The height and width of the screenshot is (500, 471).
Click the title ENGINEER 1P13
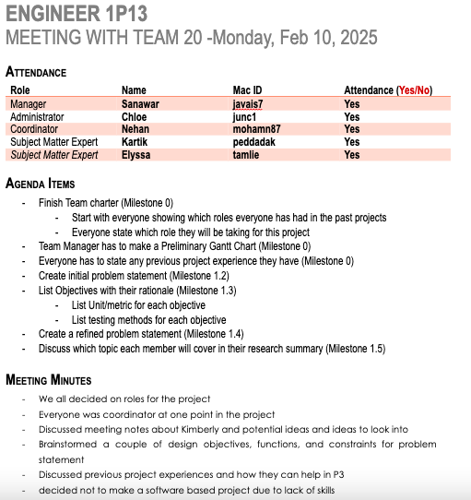75,15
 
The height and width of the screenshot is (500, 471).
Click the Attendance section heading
36,72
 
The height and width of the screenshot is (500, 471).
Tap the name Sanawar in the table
140,104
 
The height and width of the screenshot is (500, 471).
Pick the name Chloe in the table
134,117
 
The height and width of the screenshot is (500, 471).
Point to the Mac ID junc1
244,117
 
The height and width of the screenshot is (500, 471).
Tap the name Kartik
135,142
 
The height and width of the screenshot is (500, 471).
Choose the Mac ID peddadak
254,142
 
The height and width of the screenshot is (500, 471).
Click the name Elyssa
135,155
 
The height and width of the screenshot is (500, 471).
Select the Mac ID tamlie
246,155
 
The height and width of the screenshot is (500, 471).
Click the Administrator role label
37,117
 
